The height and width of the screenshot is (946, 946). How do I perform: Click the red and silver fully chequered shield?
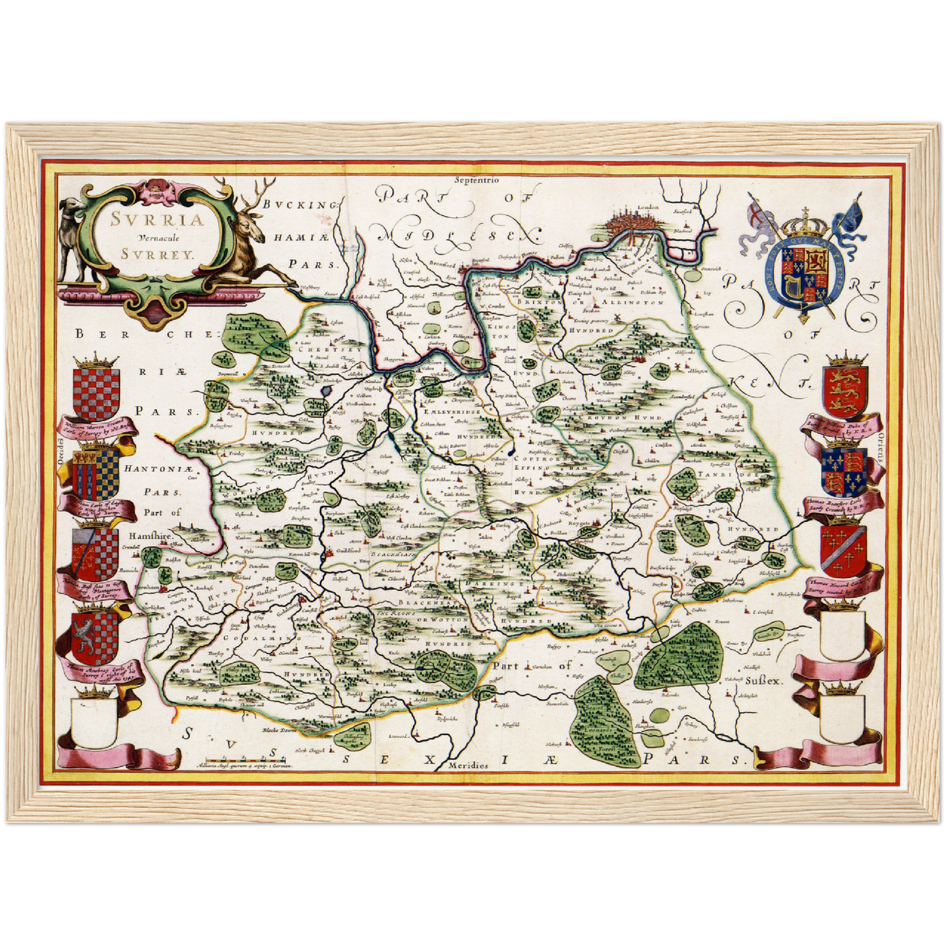click(x=96, y=393)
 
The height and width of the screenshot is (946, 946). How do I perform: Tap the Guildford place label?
click(x=348, y=551)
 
